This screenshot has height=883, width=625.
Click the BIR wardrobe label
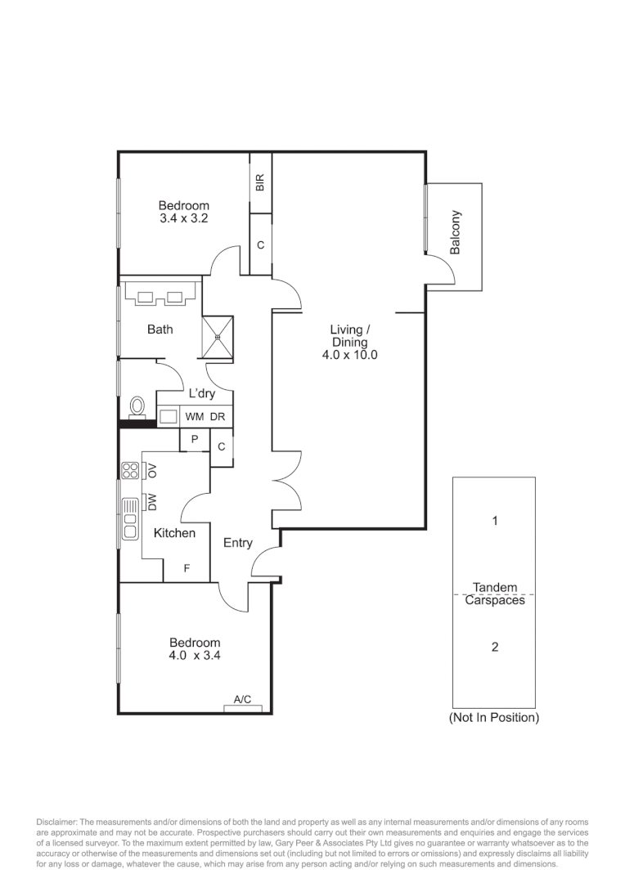tap(260, 182)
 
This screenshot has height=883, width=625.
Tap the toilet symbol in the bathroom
tap(137, 407)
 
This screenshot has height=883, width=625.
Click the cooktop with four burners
tap(130, 470)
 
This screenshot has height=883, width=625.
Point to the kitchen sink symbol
tap(129, 520)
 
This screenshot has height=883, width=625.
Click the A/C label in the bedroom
tap(242, 700)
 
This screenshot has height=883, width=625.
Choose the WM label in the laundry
tap(195, 417)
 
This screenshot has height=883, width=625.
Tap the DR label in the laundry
tap(217, 417)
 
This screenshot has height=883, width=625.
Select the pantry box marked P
tap(195, 440)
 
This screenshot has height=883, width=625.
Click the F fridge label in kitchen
tap(187, 567)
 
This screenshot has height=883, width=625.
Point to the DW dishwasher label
tap(151, 502)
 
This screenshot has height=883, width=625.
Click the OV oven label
tap(151, 470)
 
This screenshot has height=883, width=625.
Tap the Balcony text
tap(456, 232)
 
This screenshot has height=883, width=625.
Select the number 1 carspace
tap(494, 520)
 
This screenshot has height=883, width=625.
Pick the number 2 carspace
tap(494, 647)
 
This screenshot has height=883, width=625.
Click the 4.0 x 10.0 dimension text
tap(349, 356)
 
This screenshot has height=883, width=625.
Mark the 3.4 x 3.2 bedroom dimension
tap(184, 219)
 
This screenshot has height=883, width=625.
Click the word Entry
tap(237, 543)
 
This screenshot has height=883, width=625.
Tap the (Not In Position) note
tap(494, 718)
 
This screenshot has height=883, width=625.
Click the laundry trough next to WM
tap(169, 417)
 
